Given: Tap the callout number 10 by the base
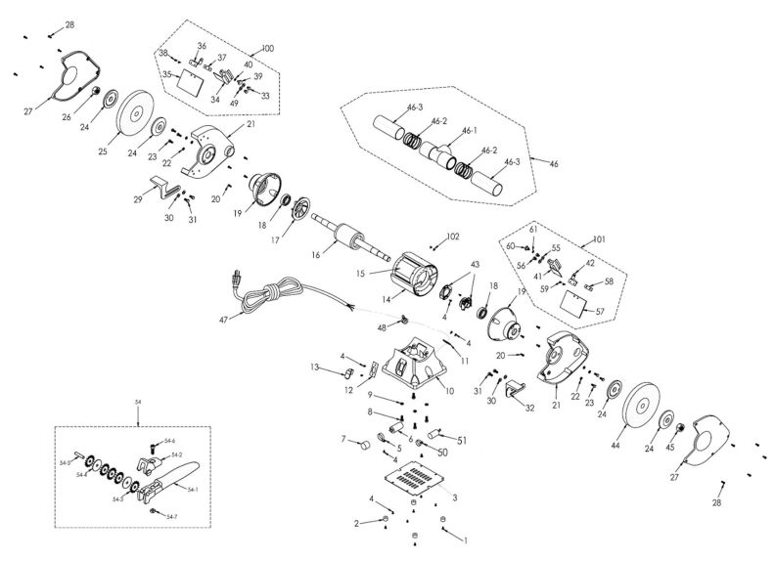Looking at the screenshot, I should (451, 390).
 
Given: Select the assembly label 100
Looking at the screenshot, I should (269, 49).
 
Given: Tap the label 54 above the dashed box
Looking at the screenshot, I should (138, 402).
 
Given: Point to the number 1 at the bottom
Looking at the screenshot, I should (466, 539).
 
